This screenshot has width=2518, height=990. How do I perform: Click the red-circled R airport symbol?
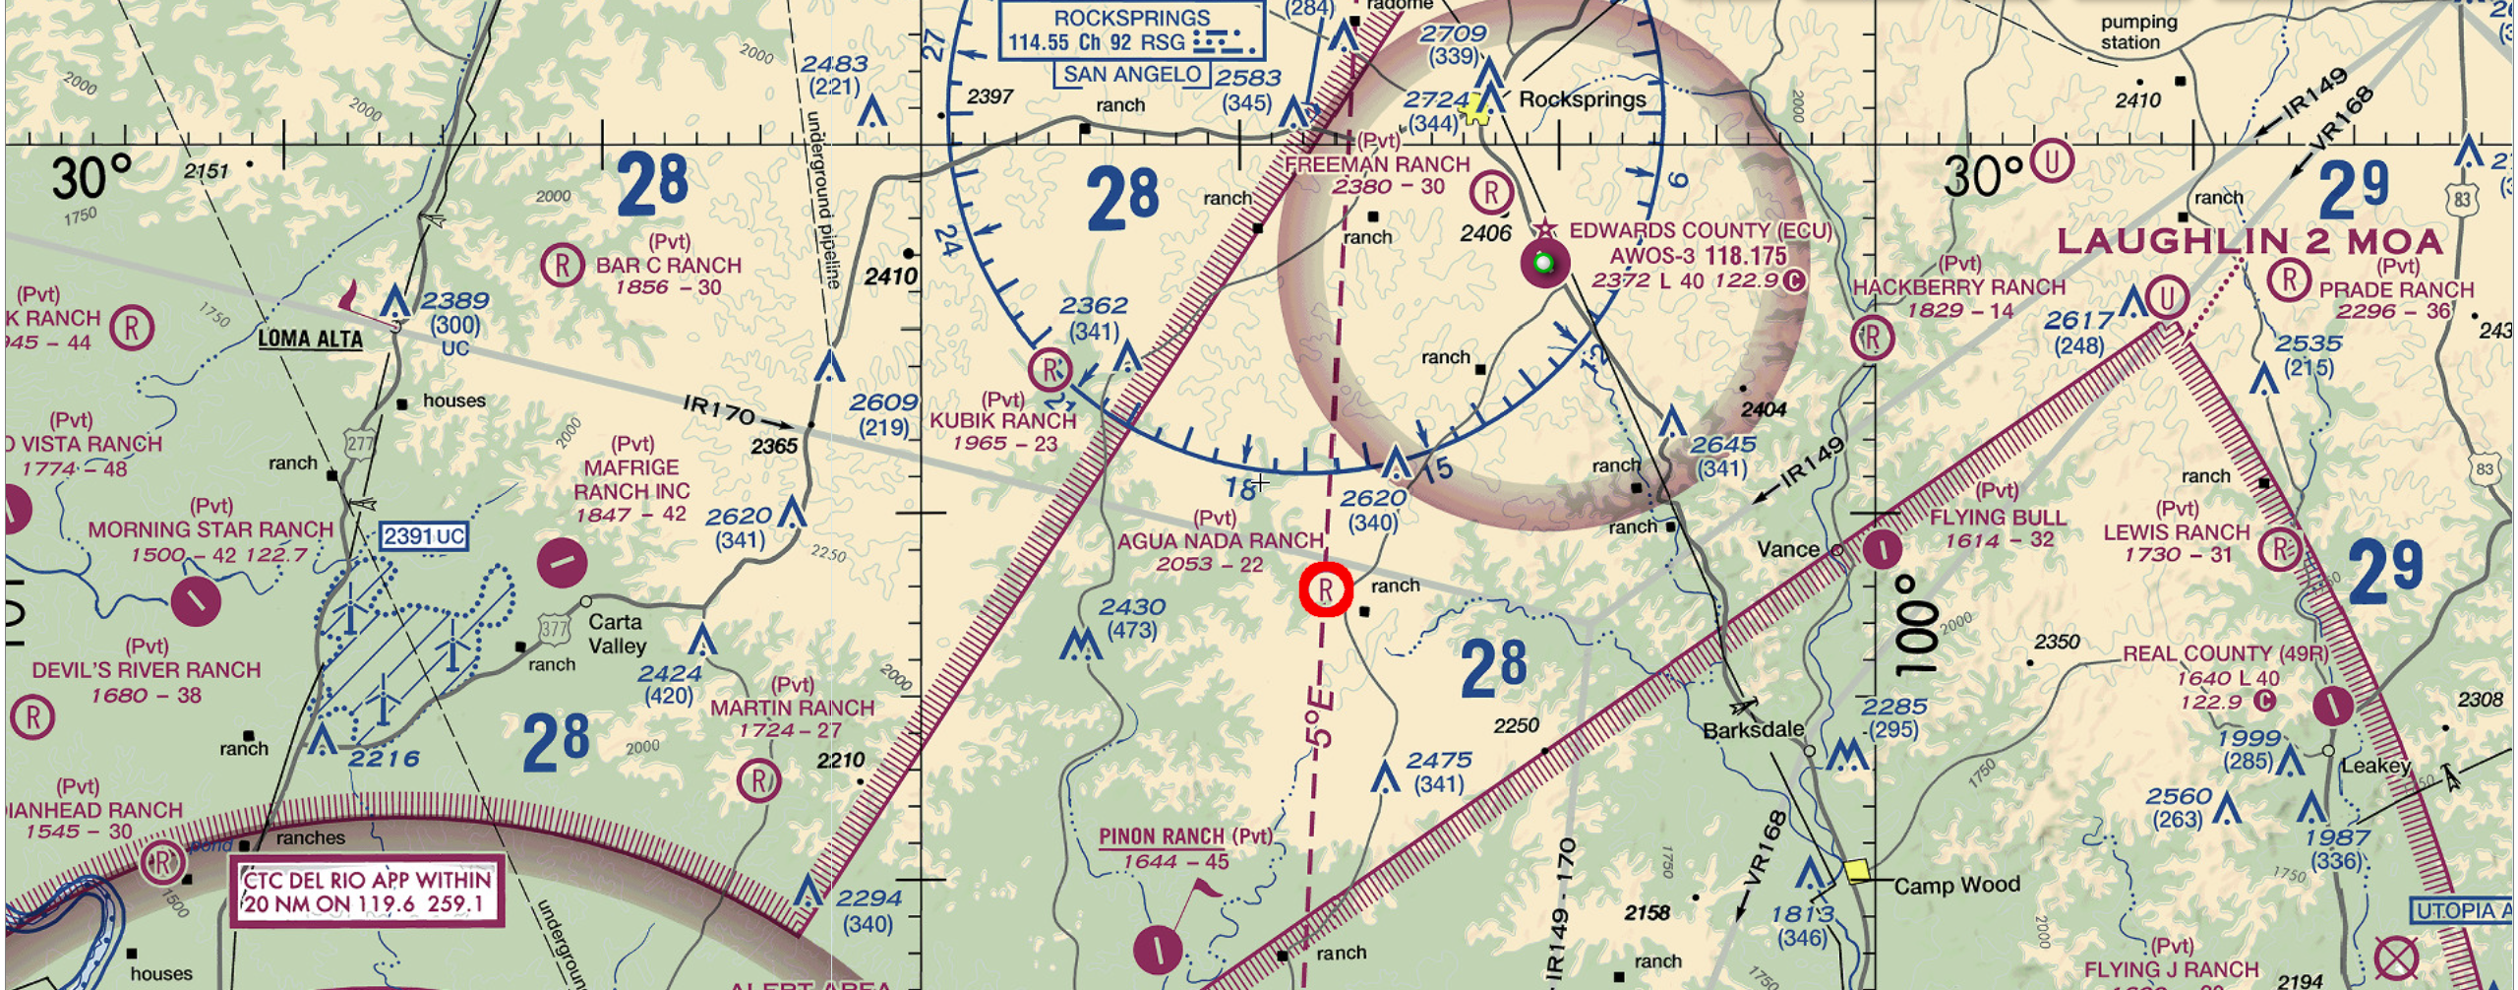click(1326, 590)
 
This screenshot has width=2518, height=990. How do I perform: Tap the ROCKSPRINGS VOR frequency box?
click(1131, 31)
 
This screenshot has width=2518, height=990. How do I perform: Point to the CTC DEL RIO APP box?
click(367, 892)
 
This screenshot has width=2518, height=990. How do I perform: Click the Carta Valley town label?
click(617, 634)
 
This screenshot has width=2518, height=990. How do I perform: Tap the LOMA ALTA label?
click(310, 340)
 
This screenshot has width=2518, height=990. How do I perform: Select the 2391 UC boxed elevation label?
click(423, 536)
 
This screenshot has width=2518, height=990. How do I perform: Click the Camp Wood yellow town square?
click(1856, 871)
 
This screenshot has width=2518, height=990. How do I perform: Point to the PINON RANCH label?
click(1162, 836)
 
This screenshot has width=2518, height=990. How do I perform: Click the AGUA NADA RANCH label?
click(1220, 540)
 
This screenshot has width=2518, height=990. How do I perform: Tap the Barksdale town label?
click(1753, 730)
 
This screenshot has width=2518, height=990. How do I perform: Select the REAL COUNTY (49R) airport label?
click(2225, 654)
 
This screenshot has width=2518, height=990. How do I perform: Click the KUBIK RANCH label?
click(1002, 421)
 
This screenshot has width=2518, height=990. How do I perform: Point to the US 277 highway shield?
click(360, 444)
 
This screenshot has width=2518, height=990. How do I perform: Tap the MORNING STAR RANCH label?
click(211, 529)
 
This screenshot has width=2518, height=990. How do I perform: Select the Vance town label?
click(1787, 549)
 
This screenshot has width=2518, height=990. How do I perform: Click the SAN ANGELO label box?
click(1131, 75)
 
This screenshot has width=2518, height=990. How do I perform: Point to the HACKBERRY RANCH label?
click(1958, 287)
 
